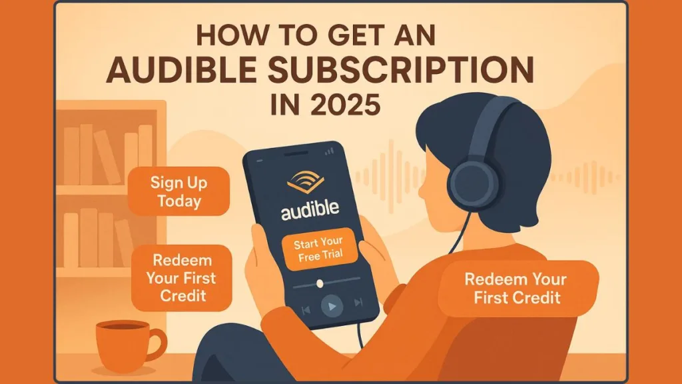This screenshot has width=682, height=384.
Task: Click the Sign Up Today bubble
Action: click(x=178, y=191)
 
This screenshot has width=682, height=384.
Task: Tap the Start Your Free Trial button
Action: click(x=320, y=249)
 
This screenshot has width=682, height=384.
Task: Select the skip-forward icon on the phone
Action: click(x=358, y=302)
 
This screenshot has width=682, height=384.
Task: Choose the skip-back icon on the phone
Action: click(x=306, y=309)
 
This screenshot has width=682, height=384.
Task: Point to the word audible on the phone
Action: click(x=310, y=209)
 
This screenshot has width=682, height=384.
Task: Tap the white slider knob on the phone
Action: click(x=320, y=284)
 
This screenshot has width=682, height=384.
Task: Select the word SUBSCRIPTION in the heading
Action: click(x=400, y=69)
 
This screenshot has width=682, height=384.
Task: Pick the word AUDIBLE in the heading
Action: click(x=181, y=69)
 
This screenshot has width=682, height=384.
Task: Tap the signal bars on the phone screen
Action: click(x=330, y=151)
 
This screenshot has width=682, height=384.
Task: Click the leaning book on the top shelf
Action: click(x=107, y=157)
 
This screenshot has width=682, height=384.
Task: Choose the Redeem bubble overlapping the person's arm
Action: click(x=517, y=288)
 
